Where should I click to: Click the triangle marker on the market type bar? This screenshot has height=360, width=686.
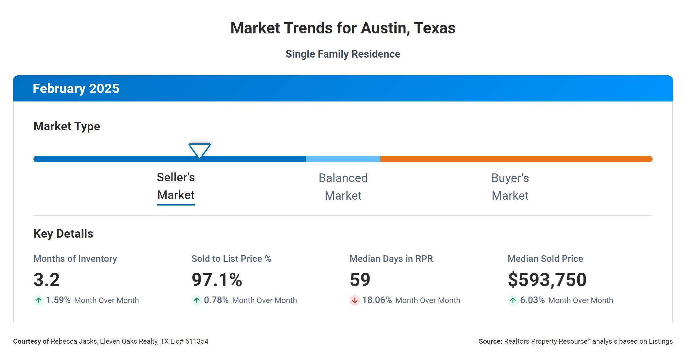point(200,150)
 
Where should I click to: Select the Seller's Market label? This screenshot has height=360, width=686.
point(176,186)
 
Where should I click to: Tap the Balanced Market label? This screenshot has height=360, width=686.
point(343,187)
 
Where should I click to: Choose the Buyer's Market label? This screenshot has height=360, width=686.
point(510,187)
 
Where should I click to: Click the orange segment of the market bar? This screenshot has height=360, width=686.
point(516,159)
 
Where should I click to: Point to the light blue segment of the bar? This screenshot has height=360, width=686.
point(343,159)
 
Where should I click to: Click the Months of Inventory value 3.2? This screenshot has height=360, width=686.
point(46,280)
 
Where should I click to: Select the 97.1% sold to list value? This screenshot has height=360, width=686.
point(217,280)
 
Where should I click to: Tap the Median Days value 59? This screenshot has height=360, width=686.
point(360,280)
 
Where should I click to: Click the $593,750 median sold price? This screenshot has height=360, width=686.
point(547,280)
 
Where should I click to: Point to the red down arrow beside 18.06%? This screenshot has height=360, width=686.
point(354,300)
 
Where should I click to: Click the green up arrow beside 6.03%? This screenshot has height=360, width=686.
point(513,300)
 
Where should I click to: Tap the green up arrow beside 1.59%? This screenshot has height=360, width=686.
point(39,300)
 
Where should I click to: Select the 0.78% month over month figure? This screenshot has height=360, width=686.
point(216,300)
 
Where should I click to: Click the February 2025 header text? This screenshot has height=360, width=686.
point(76,89)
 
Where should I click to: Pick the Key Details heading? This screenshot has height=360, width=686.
point(63,234)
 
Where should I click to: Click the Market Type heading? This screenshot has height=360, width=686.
point(67,126)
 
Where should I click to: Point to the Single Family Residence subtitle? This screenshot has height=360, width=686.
point(343,54)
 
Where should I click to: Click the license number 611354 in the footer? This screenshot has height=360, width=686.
point(197,341)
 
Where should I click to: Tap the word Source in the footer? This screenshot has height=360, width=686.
point(490,341)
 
